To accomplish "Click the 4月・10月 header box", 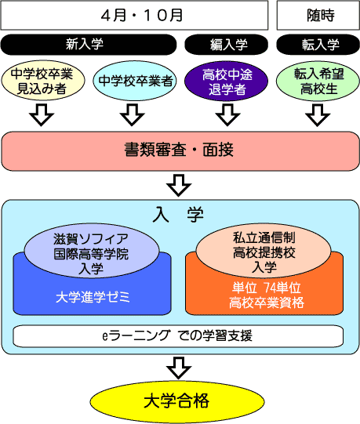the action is (x=134, y=15).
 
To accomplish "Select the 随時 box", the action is (x=318, y=15).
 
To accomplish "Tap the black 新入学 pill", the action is (x=89, y=45).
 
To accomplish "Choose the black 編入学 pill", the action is (x=227, y=45).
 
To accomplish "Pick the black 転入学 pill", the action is (x=318, y=45).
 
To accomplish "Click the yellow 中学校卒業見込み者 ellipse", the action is (x=43, y=80).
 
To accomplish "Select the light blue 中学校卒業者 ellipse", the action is (x=135, y=80).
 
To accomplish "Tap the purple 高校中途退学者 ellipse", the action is (x=227, y=81).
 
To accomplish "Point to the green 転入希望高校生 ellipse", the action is (x=318, y=81).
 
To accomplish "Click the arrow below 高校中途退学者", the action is (x=227, y=114).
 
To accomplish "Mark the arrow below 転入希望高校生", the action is (x=318, y=114).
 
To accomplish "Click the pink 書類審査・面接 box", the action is (x=180, y=151).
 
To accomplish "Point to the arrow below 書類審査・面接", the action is (x=179, y=185).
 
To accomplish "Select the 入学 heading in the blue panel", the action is (x=178, y=216).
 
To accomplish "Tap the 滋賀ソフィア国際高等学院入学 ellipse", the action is (x=92, y=251).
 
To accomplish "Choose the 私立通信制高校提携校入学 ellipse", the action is (x=264, y=250).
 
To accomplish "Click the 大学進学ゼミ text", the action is (x=93, y=297).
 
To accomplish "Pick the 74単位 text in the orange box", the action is (x=282, y=288).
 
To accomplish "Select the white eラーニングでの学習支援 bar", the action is (x=178, y=336).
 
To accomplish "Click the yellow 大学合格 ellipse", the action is (x=177, y=401).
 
